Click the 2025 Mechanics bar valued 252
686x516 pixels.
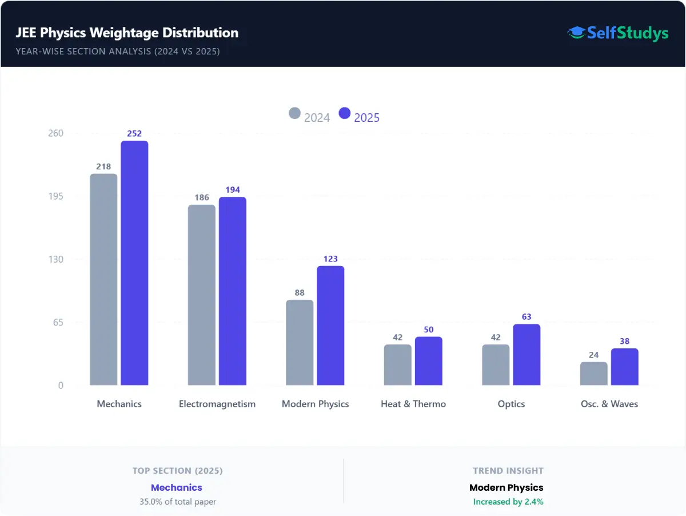point(134,263)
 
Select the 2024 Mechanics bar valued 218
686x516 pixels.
point(103,280)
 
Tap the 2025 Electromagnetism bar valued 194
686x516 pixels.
point(233,291)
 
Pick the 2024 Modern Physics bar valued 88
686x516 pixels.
point(300,343)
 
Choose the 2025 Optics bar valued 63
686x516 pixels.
point(527,355)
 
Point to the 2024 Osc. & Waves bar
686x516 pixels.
point(594,374)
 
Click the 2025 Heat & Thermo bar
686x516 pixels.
point(429,361)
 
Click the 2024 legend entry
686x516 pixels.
point(309,116)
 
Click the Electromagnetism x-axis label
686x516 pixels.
point(217,404)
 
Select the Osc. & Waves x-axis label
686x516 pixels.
point(609,404)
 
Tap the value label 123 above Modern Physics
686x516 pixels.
point(330,259)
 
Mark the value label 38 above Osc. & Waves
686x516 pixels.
point(625,342)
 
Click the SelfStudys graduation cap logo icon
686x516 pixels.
point(576,33)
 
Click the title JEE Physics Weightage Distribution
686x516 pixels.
point(127,33)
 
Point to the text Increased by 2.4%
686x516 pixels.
point(508,502)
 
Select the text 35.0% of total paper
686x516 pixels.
point(178,502)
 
